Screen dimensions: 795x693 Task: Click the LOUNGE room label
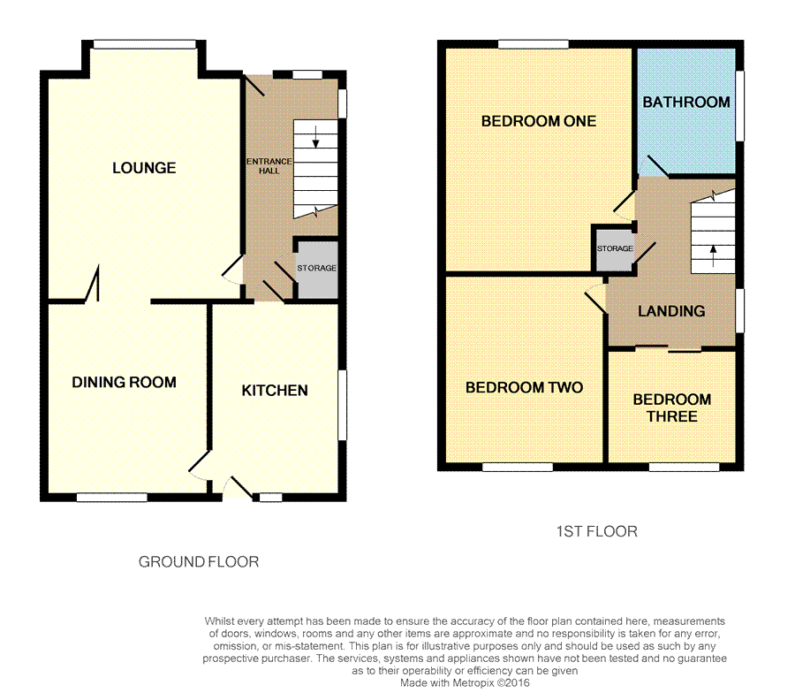click(144, 168)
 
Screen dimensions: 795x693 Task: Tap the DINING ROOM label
click(125, 382)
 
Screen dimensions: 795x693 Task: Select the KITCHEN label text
click(275, 390)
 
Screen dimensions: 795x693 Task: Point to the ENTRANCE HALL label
click(269, 166)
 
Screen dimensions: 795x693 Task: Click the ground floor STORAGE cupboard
click(317, 269)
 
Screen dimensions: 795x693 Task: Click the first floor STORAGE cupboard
click(615, 249)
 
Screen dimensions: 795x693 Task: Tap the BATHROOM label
click(686, 102)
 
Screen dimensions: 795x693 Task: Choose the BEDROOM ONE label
click(539, 121)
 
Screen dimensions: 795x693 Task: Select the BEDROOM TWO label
click(524, 387)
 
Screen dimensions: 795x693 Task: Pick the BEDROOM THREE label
click(672, 407)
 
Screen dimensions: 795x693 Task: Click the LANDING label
click(671, 311)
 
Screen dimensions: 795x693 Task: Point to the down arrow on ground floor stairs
click(316, 137)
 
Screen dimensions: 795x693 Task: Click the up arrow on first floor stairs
click(714, 256)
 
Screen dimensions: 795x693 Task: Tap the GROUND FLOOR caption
click(199, 561)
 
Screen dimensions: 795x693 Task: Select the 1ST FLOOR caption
click(597, 531)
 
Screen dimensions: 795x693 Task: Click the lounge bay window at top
click(145, 45)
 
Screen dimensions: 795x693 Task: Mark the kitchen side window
click(342, 405)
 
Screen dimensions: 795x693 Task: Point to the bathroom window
click(739, 105)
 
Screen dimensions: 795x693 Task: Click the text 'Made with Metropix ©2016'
click(465, 683)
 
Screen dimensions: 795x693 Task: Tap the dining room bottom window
click(112, 497)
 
